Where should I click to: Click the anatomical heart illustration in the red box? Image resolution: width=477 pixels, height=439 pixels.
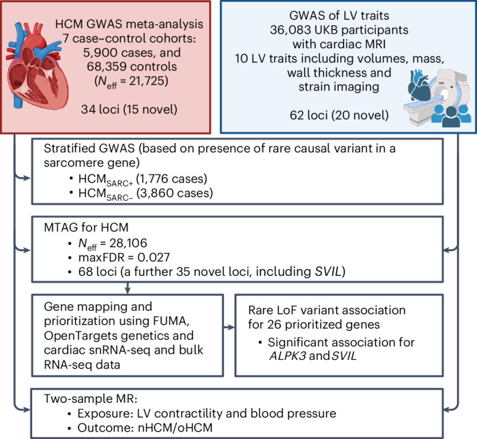[x=36, y=66]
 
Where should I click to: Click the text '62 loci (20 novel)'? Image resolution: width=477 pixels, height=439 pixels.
[x=339, y=115]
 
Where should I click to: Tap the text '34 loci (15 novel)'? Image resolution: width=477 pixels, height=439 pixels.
[x=129, y=109]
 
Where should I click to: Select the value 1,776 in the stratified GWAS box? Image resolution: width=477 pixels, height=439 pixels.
[x=154, y=179]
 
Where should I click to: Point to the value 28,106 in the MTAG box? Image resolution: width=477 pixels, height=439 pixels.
[x=128, y=243]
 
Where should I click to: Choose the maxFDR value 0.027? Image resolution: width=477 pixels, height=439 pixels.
[x=154, y=258]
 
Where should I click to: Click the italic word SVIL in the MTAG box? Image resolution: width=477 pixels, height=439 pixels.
[x=328, y=272]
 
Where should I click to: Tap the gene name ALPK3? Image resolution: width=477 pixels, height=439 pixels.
[x=288, y=356]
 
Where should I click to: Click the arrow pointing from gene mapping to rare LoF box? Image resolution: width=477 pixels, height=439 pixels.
[x=229, y=328]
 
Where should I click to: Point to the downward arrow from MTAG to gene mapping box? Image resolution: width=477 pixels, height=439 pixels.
[x=127, y=288]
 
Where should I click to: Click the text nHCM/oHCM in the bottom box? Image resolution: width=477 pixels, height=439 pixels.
[x=175, y=428]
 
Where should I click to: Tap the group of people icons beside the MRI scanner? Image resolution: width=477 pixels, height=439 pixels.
[x=451, y=115]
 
